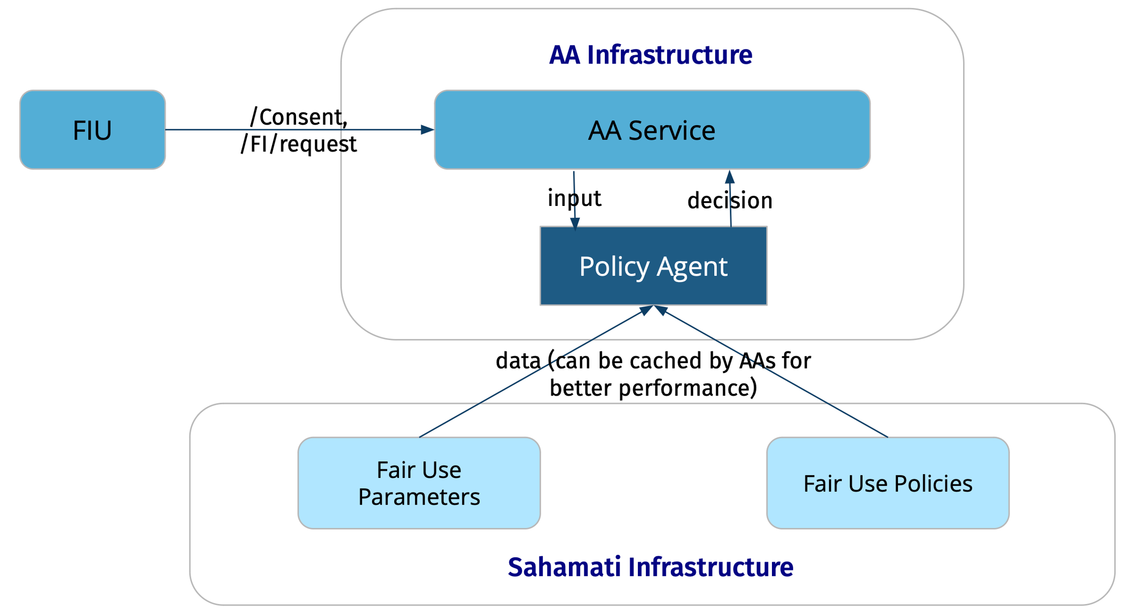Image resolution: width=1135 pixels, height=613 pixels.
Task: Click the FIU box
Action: coord(92,130)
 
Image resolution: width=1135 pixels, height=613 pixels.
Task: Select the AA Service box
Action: coord(651,130)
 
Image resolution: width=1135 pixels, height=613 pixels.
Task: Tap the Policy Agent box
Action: coord(653,266)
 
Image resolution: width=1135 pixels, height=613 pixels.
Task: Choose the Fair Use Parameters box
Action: coord(419,483)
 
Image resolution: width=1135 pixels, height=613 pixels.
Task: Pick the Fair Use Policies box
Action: coord(887,483)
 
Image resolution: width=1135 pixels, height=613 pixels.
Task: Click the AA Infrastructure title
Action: coord(650,55)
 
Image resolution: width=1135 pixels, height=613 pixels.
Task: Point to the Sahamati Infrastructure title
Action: coord(650,567)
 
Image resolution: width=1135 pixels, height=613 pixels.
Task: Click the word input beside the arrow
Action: coord(574,198)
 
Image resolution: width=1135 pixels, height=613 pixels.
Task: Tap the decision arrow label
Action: coord(730,201)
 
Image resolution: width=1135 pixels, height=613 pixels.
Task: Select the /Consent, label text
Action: coord(299,117)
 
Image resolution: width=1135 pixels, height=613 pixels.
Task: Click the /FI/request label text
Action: coord(299,144)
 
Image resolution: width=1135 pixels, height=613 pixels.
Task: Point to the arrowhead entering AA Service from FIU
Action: coord(428,130)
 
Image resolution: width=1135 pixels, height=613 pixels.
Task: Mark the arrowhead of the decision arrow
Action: coord(730,177)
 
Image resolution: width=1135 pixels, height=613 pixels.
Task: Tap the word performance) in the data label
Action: coord(688,388)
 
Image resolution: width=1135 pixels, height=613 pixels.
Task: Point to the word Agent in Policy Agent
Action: coord(692,267)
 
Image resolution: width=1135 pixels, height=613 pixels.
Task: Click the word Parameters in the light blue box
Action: coord(419,496)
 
